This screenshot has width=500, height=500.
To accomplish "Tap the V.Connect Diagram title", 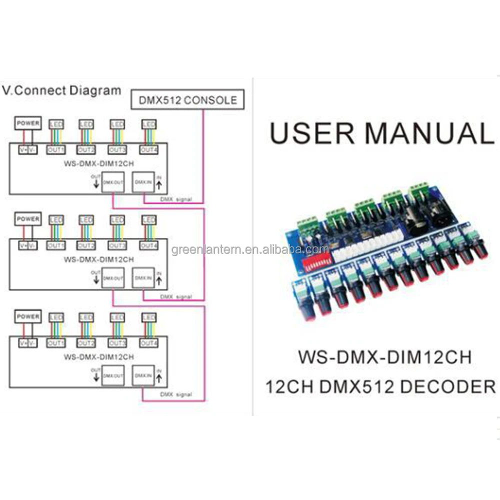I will point(61,91).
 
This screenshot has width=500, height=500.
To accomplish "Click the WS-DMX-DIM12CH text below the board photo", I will point(384,358).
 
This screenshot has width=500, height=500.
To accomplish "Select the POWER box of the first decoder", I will point(27,123).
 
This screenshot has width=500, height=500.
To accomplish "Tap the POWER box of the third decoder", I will point(27,316).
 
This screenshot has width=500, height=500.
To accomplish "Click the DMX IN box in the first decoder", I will point(142,182).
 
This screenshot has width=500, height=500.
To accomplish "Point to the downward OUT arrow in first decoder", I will point(95,183).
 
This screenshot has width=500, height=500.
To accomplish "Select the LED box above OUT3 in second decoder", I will point(117,219).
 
